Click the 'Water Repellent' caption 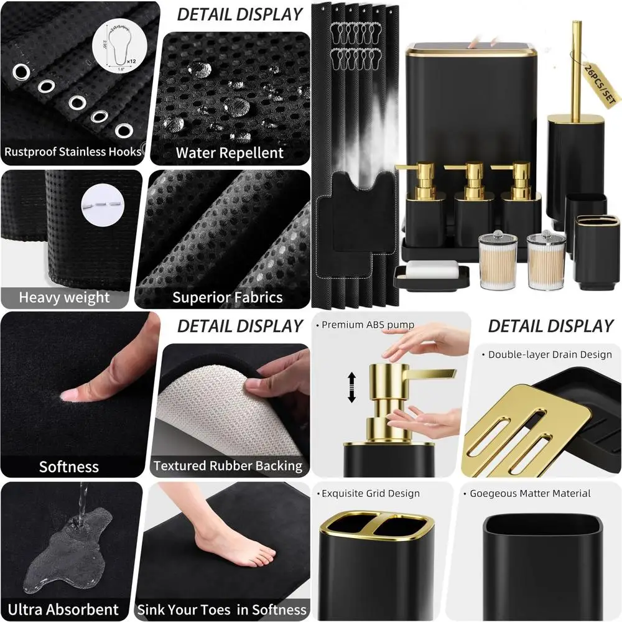(230, 153)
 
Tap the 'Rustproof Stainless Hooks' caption (73, 151)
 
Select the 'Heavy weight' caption (65, 297)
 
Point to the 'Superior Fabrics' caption (228, 297)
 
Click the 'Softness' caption (69, 466)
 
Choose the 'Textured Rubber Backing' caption (228, 466)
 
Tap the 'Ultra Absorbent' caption (63, 609)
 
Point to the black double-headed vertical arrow (351, 387)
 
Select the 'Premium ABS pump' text (368, 325)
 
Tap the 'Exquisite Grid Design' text (371, 494)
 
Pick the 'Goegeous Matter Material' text (531, 494)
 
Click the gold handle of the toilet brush (576, 68)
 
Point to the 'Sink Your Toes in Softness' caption (222, 609)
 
